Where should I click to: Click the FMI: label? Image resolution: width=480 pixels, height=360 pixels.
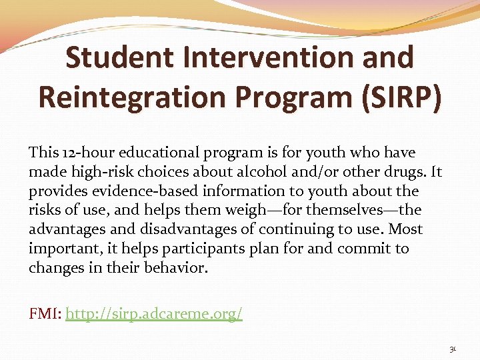pos(45,313)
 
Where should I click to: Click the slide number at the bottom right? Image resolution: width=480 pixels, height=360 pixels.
pos(453,349)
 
